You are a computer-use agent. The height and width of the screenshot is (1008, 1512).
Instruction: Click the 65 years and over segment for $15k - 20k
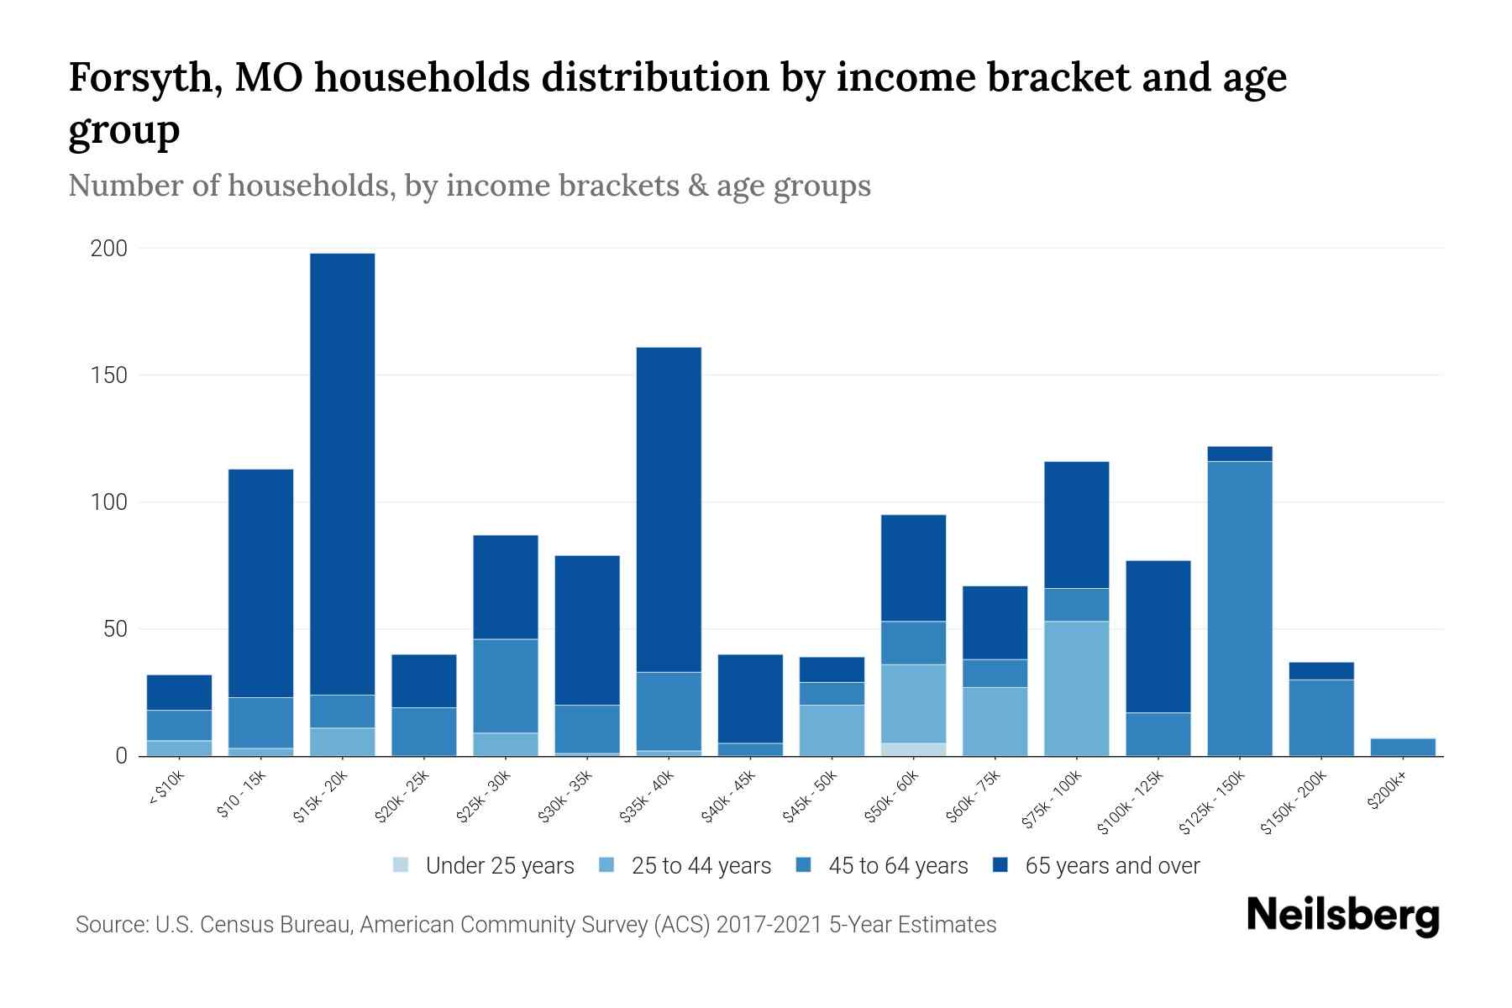pyautogui.click(x=343, y=474)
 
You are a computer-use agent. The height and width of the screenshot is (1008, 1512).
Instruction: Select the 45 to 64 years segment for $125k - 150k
pyautogui.click(x=1240, y=608)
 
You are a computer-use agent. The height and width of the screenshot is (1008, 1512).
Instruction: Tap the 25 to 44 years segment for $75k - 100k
pyautogui.click(x=1076, y=688)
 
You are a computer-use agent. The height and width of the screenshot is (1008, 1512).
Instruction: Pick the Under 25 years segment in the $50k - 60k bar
pyautogui.click(x=913, y=749)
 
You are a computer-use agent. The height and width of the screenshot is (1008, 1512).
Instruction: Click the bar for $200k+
pyautogui.click(x=1403, y=747)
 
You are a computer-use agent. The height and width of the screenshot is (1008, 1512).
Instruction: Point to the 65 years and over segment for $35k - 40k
pyautogui.click(x=669, y=509)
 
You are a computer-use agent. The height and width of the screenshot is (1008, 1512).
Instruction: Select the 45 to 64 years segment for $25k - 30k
pyautogui.click(x=506, y=685)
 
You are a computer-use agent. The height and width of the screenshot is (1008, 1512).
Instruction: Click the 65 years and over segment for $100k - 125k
pyautogui.click(x=1158, y=636)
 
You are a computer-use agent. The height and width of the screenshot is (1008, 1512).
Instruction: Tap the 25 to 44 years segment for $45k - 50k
pyautogui.click(x=832, y=730)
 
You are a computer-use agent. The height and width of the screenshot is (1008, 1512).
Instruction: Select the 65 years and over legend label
pyautogui.click(x=1112, y=866)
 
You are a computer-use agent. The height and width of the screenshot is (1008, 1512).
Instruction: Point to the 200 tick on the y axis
pyautogui.click(x=109, y=249)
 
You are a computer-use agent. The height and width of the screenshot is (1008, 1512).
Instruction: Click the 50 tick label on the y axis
pyautogui.click(x=116, y=629)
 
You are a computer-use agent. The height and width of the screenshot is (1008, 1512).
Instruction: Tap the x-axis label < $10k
pyautogui.click(x=167, y=789)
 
